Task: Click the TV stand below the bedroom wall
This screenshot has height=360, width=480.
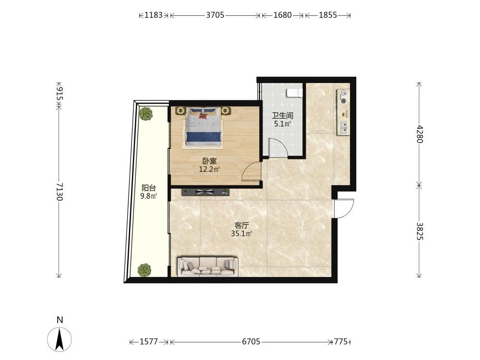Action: [205, 192]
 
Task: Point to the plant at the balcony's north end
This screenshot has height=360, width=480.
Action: [146, 114]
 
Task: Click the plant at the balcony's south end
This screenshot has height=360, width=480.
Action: [144, 270]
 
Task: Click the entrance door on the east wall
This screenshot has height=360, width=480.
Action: [344, 208]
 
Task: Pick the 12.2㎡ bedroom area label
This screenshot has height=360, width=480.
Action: [210, 169]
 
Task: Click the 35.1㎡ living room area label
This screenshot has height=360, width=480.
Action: [241, 234]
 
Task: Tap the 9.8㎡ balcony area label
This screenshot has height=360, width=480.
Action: [148, 196]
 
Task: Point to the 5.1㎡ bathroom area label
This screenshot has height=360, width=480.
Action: [282, 124]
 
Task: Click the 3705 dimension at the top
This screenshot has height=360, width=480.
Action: [215, 15]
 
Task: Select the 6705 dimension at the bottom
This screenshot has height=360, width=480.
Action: [251, 341]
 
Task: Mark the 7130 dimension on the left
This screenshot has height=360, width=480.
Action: [60, 192]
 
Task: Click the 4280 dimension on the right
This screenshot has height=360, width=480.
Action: [420, 134]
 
